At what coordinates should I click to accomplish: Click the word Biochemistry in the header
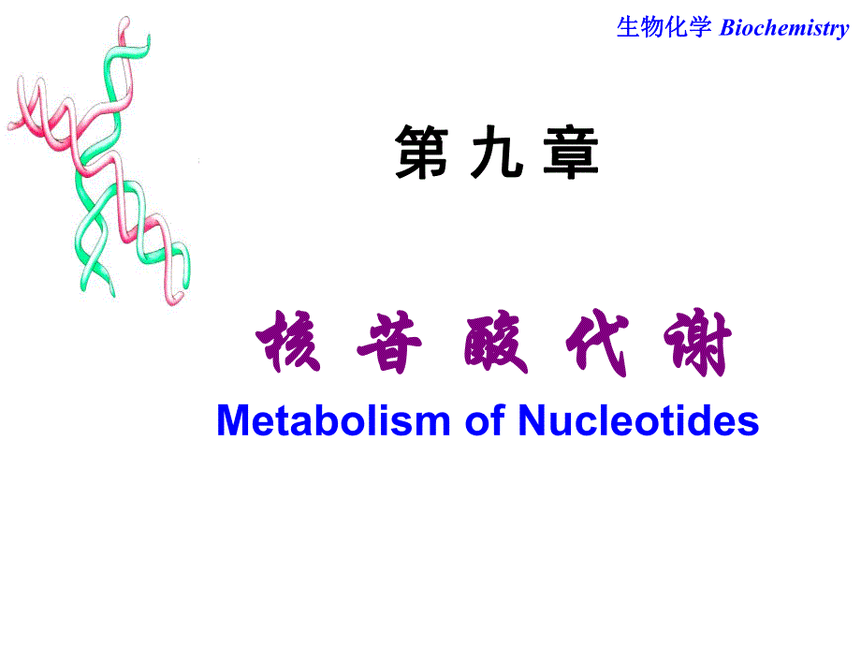784,28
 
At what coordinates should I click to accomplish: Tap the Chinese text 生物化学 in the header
665,28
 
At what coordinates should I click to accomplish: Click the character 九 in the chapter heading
496,154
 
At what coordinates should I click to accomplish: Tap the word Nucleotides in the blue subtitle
638,421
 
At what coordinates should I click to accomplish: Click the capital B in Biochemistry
725,28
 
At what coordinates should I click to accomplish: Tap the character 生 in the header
627,28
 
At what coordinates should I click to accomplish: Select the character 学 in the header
703,28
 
